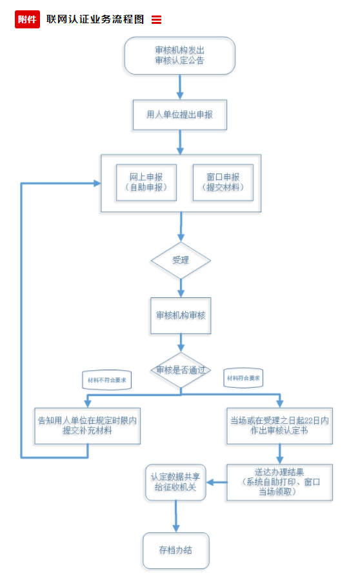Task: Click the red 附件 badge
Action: click(x=27, y=19)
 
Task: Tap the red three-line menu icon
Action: click(x=156, y=20)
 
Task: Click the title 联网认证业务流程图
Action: click(x=95, y=19)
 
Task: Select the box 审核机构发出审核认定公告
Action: click(x=179, y=55)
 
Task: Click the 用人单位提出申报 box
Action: click(x=179, y=115)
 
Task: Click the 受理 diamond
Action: click(x=181, y=261)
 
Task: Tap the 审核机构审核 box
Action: click(x=181, y=316)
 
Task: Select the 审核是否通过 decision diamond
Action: click(x=181, y=370)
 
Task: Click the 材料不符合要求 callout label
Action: click(x=107, y=381)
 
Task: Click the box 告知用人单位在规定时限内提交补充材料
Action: click(x=87, y=425)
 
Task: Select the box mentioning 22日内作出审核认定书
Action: click(x=279, y=425)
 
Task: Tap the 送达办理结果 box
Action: click(x=279, y=482)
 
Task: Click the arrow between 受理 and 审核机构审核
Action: click(x=181, y=287)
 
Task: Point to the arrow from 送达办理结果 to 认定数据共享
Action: click(x=217, y=482)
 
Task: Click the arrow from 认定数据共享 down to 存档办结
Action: click(x=175, y=516)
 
